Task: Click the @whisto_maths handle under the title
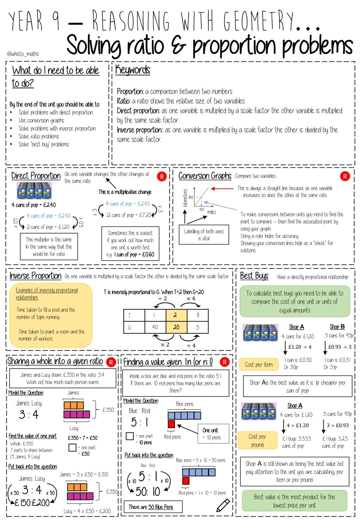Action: pyautogui.click(x=23, y=54)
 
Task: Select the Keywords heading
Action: pyautogui.click(x=133, y=70)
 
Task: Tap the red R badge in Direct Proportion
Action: pyautogui.click(x=162, y=177)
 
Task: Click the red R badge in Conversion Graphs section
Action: pyautogui.click(x=345, y=176)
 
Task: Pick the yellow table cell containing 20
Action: pyautogui.click(x=176, y=327)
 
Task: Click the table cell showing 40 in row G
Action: pyautogui.click(x=155, y=327)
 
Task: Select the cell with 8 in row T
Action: pyautogui.click(x=198, y=315)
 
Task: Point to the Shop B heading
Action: pyautogui.click(x=337, y=327)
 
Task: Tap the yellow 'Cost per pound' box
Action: pyautogui.click(x=257, y=440)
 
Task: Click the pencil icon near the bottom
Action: pyautogui.click(x=223, y=505)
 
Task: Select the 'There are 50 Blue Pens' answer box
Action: pyautogui.click(x=153, y=507)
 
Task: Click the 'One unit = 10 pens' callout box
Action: pyautogui.click(x=213, y=434)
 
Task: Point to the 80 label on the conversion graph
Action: pyautogui.click(x=191, y=197)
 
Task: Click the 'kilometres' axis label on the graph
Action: pyautogui.click(x=185, y=198)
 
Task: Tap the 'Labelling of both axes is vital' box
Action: pyautogui.click(x=204, y=235)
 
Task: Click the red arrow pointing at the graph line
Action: pyautogui.click(x=222, y=189)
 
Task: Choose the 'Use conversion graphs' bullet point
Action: pyautogui.click(x=41, y=120)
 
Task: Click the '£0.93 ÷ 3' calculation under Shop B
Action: pyautogui.click(x=340, y=347)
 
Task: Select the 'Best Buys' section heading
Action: pyautogui.click(x=254, y=276)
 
